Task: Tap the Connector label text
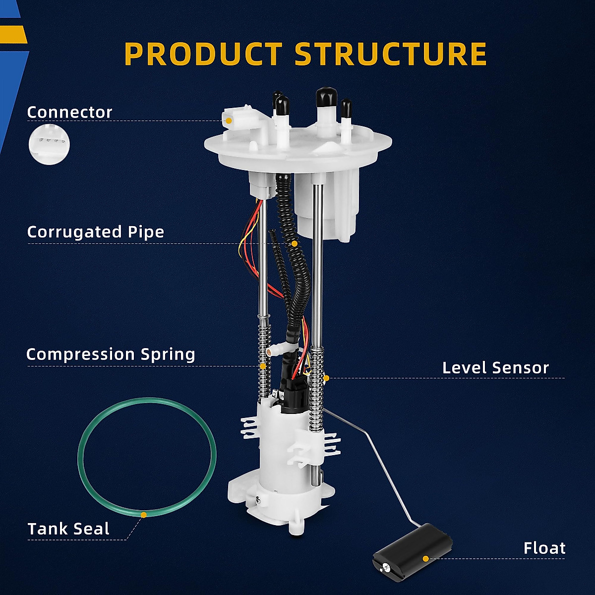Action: tap(69, 112)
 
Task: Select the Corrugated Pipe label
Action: tap(95, 232)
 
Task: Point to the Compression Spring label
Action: tap(111, 354)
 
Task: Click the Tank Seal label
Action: tap(68, 529)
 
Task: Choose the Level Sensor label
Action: tap(495, 367)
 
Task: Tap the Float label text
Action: tap(544, 548)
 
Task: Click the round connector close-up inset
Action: tap(49, 144)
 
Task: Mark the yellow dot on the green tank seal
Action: tap(143, 515)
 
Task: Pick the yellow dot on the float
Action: tap(425, 558)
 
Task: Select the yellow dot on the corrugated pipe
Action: tap(295, 243)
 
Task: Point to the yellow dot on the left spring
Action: tap(262, 366)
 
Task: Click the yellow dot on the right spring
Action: tap(326, 378)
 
